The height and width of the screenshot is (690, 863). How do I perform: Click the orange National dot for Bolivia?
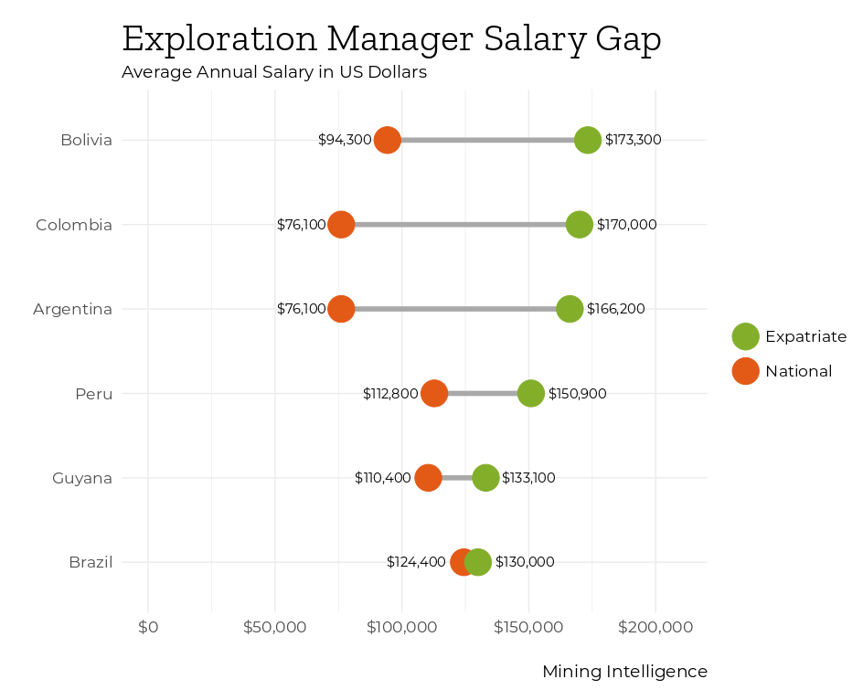(388, 140)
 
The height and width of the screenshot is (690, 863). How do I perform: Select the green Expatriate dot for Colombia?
(579, 224)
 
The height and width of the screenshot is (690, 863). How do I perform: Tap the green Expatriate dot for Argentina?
(570, 309)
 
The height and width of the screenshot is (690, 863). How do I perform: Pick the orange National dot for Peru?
(434, 393)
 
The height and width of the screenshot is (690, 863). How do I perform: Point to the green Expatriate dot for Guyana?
(485, 477)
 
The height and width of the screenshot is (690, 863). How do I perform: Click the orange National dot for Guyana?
(428, 477)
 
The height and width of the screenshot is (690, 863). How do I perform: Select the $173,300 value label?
(633, 140)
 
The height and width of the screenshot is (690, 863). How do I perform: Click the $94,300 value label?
(345, 140)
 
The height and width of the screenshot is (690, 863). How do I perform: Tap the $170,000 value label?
(626, 224)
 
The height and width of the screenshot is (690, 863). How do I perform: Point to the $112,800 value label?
(390, 394)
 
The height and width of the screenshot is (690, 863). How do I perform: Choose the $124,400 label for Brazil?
(416, 562)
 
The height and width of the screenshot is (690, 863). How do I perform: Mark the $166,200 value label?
(615, 309)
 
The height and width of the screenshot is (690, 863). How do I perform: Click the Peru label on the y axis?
(94, 394)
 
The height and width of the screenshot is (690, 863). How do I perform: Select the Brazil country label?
(91, 562)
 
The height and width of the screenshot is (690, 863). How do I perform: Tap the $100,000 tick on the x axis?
(401, 627)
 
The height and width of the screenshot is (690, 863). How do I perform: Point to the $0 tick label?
(148, 627)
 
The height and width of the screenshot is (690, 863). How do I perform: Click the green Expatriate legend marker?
(745, 336)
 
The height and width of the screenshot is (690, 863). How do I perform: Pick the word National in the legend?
(798, 371)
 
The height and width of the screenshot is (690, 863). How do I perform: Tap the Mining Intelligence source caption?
(624, 672)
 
